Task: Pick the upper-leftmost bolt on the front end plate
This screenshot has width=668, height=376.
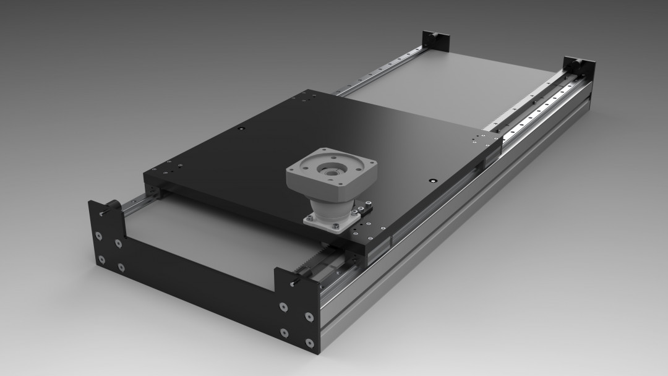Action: [99, 214]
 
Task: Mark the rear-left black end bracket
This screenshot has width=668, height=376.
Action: [435, 40]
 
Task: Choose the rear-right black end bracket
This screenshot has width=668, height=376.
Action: [579, 67]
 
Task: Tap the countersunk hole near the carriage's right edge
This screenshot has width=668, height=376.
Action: [432, 181]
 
